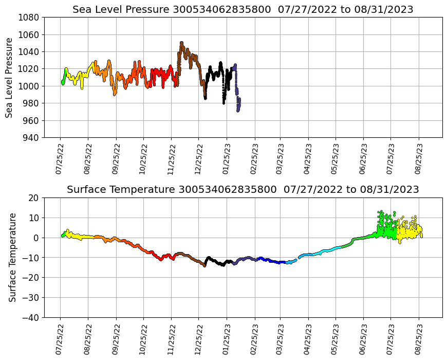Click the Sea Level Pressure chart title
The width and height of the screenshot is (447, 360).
point(243,10)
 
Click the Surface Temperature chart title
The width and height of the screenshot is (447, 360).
point(243,190)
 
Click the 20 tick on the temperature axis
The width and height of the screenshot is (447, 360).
point(34,197)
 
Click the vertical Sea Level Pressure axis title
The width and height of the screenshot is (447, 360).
point(9,77)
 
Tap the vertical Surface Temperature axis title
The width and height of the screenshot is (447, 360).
point(12,257)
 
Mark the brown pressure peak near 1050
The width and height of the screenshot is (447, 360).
point(181,43)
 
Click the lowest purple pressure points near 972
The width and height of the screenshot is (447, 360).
point(238,110)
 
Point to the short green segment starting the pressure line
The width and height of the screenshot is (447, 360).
point(63,81)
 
